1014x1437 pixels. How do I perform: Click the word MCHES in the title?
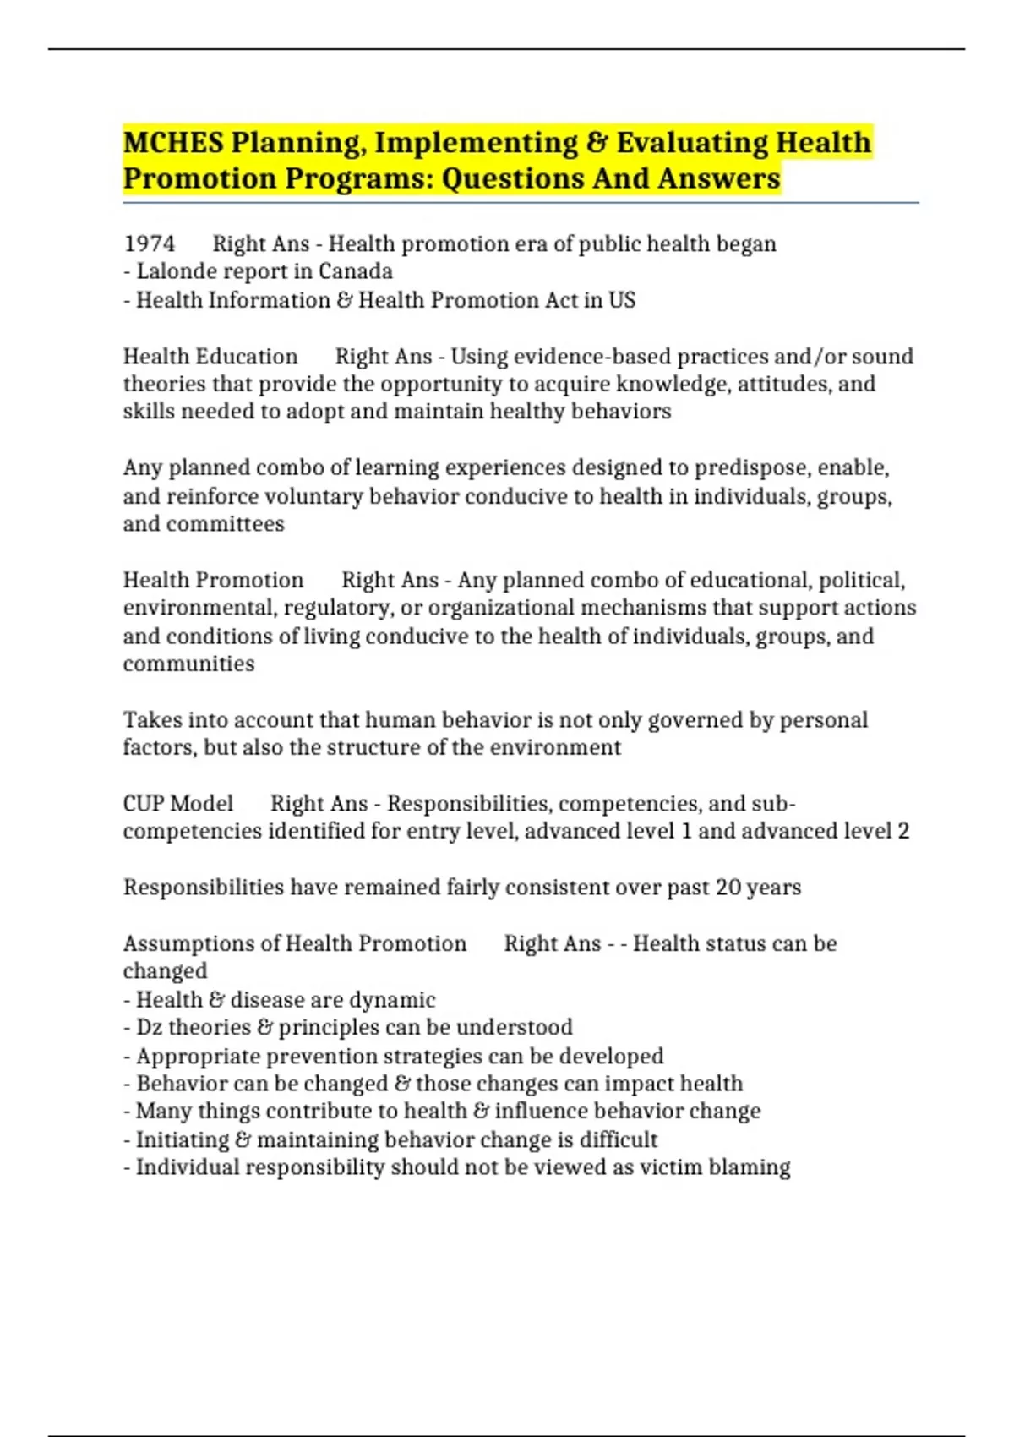(173, 142)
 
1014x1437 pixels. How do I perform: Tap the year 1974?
(150, 244)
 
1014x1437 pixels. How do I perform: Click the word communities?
(188, 664)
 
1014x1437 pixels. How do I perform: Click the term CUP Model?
(177, 804)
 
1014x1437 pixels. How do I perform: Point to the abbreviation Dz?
(149, 1028)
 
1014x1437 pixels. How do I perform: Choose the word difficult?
(618, 1140)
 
